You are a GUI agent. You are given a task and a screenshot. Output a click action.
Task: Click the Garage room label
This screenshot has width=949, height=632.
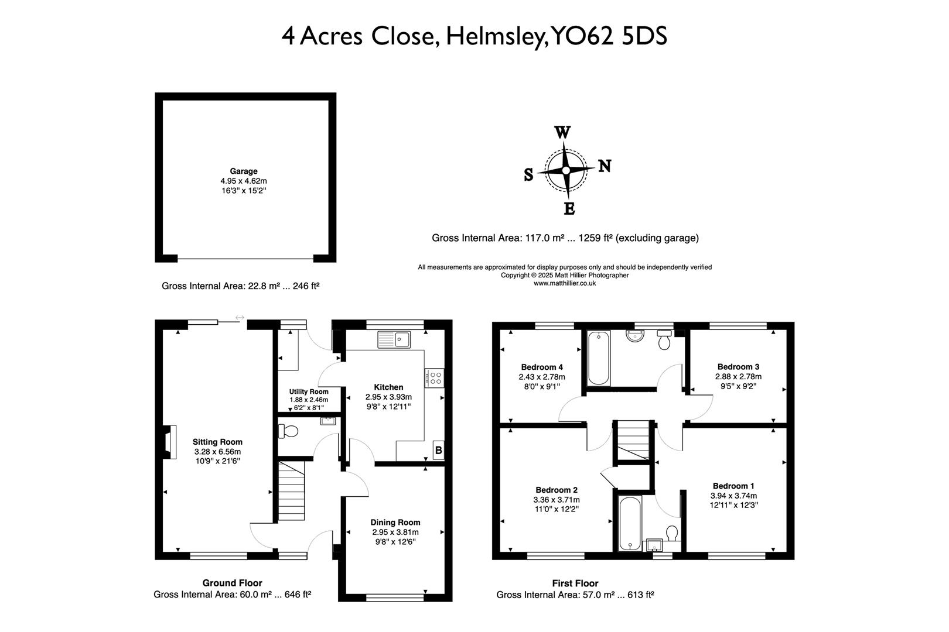[243, 171]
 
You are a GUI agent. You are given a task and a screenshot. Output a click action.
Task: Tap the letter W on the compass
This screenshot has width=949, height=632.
[562, 133]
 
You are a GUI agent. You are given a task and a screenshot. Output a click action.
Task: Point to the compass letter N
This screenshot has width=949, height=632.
[605, 166]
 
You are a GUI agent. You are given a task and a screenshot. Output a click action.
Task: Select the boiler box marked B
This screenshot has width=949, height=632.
[438, 451]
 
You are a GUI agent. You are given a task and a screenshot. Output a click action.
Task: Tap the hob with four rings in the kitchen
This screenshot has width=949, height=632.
[435, 377]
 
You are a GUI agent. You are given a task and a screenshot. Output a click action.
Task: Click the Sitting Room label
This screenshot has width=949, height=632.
[217, 442]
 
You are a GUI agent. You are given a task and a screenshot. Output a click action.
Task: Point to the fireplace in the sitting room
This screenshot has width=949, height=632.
[168, 442]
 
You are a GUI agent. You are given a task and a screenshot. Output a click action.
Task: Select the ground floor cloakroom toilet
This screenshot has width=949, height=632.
[289, 432]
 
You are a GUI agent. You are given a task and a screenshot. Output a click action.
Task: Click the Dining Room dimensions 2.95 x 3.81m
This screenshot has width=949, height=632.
[395, 532]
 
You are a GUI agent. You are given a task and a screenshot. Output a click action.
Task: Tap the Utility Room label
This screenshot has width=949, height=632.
[309, 391]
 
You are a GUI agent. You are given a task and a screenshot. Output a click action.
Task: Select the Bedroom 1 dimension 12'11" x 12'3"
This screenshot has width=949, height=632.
[734, 505]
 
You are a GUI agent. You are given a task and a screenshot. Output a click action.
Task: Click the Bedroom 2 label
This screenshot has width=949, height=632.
[557, 490]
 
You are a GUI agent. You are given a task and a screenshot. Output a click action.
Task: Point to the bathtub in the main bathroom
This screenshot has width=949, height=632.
[599, 358]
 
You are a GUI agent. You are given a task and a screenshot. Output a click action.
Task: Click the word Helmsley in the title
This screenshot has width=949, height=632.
[496, 36]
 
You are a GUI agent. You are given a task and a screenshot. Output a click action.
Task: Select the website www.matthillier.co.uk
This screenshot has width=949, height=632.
[565, 283]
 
